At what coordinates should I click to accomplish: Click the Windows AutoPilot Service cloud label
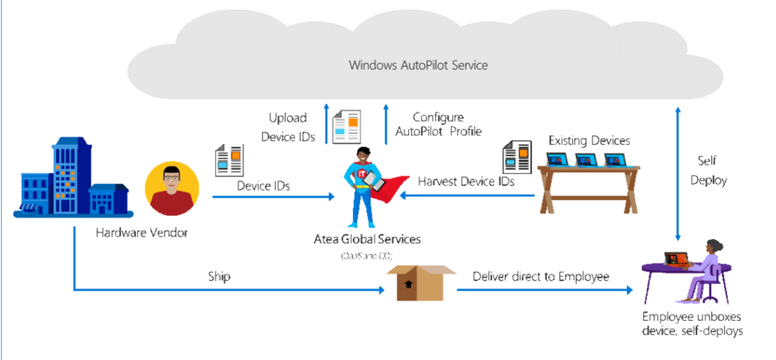(418, 65)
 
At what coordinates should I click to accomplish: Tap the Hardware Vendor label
(142, 233)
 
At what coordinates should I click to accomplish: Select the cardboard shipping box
(421, 282)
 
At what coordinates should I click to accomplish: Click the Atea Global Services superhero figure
(365, 184)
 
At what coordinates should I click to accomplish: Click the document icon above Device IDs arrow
(229, 159)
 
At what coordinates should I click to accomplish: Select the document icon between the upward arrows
(346, 127)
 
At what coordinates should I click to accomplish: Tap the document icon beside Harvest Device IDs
(517, 157)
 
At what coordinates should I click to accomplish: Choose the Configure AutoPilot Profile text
(438, 124)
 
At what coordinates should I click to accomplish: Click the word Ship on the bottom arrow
(219, 277)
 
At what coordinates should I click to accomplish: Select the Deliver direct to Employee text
(541, 277)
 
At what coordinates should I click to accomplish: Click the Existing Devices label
(589, 141)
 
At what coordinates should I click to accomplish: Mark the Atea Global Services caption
(367, 239)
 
